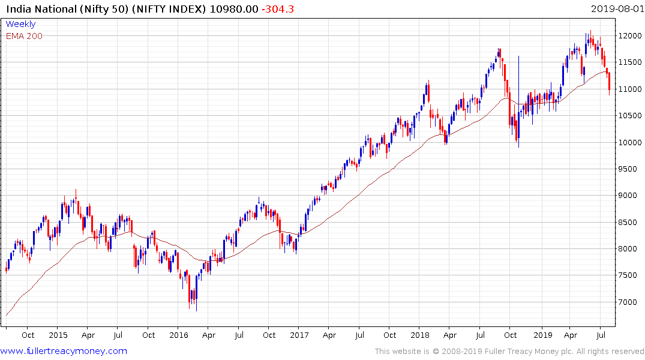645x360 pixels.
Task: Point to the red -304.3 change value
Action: pyautogui.click(x=277, y=9)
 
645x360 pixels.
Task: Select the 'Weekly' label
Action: pyautogui.click(x=20, y=25)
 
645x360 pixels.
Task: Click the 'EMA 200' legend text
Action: pyautogui.click(x=24, y=36)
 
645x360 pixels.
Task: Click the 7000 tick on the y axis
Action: pyautogui.click(x=628, y=302)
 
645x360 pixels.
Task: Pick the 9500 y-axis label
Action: pyautogui.click(x=628, y=169)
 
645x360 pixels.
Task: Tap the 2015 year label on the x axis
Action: pyautogui.click(x=58, y=335)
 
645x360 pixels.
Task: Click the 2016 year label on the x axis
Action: pyautogui.click(x=179, y=335)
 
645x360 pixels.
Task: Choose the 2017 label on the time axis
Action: pyautogui.click(x=299, y=335)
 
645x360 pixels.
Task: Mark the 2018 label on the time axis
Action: pyautogui.click(x=421, y=335)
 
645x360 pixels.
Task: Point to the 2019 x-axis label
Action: pyautogui.click(x=542, y=335)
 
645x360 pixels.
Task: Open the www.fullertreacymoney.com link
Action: pyautogui.click(x=64, y=351)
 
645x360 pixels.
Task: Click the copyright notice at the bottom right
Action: pyautogui.click(x=509, y=351)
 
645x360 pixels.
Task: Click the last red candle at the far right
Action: pyautogui.click(x=610, y=82)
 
